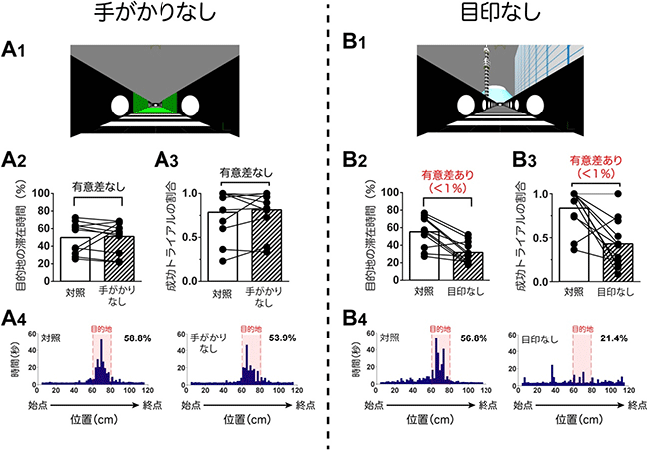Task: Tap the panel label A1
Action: coord(17,50)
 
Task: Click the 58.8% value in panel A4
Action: coord(138,338)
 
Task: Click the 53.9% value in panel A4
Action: coord(280,338)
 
